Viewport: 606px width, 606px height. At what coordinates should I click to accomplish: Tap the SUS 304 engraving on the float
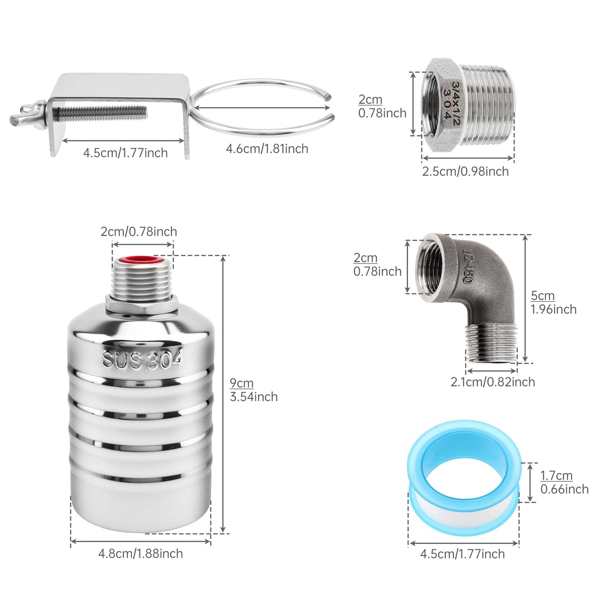(x=142, y=360)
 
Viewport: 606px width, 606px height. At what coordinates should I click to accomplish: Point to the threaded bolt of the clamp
(x=103, y=112)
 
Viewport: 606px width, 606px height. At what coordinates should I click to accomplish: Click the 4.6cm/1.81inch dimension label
(x=267, y=149)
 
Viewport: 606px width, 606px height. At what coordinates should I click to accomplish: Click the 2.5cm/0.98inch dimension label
(x=465, y=172)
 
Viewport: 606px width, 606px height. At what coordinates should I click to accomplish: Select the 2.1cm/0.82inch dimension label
(x=493, y=382)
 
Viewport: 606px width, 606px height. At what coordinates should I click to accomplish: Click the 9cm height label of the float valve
(x=242, y=383)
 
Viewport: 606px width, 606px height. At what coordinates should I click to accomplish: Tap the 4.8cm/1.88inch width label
(x=140, y=554)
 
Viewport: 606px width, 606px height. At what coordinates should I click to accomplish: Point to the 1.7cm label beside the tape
(x=557, y=476)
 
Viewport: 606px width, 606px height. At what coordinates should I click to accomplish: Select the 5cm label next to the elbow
(x=543, y=296)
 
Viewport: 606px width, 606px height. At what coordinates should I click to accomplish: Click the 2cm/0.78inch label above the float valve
(x=139, y=232)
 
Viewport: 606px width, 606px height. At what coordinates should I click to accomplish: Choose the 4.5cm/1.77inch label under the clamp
(x=125, y=153)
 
